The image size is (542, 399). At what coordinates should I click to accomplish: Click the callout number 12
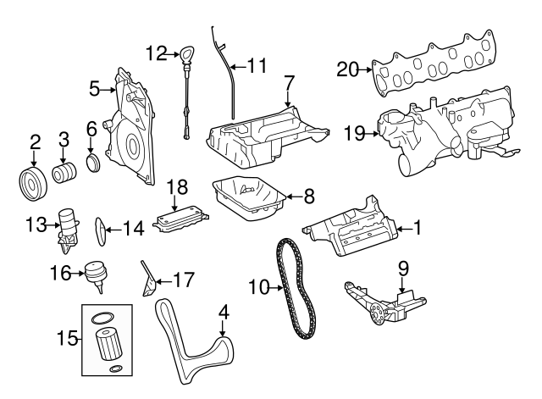(x=156, y=53)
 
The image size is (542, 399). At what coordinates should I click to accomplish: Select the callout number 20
(x=347, y=69)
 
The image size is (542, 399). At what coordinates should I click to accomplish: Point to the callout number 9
(x=403, y=269)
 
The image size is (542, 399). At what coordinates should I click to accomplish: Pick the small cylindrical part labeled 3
(x=64, y=173)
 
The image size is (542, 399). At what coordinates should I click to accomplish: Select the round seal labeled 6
(x=93, y=161)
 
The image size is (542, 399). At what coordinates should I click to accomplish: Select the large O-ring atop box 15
(x=102, y=319)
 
